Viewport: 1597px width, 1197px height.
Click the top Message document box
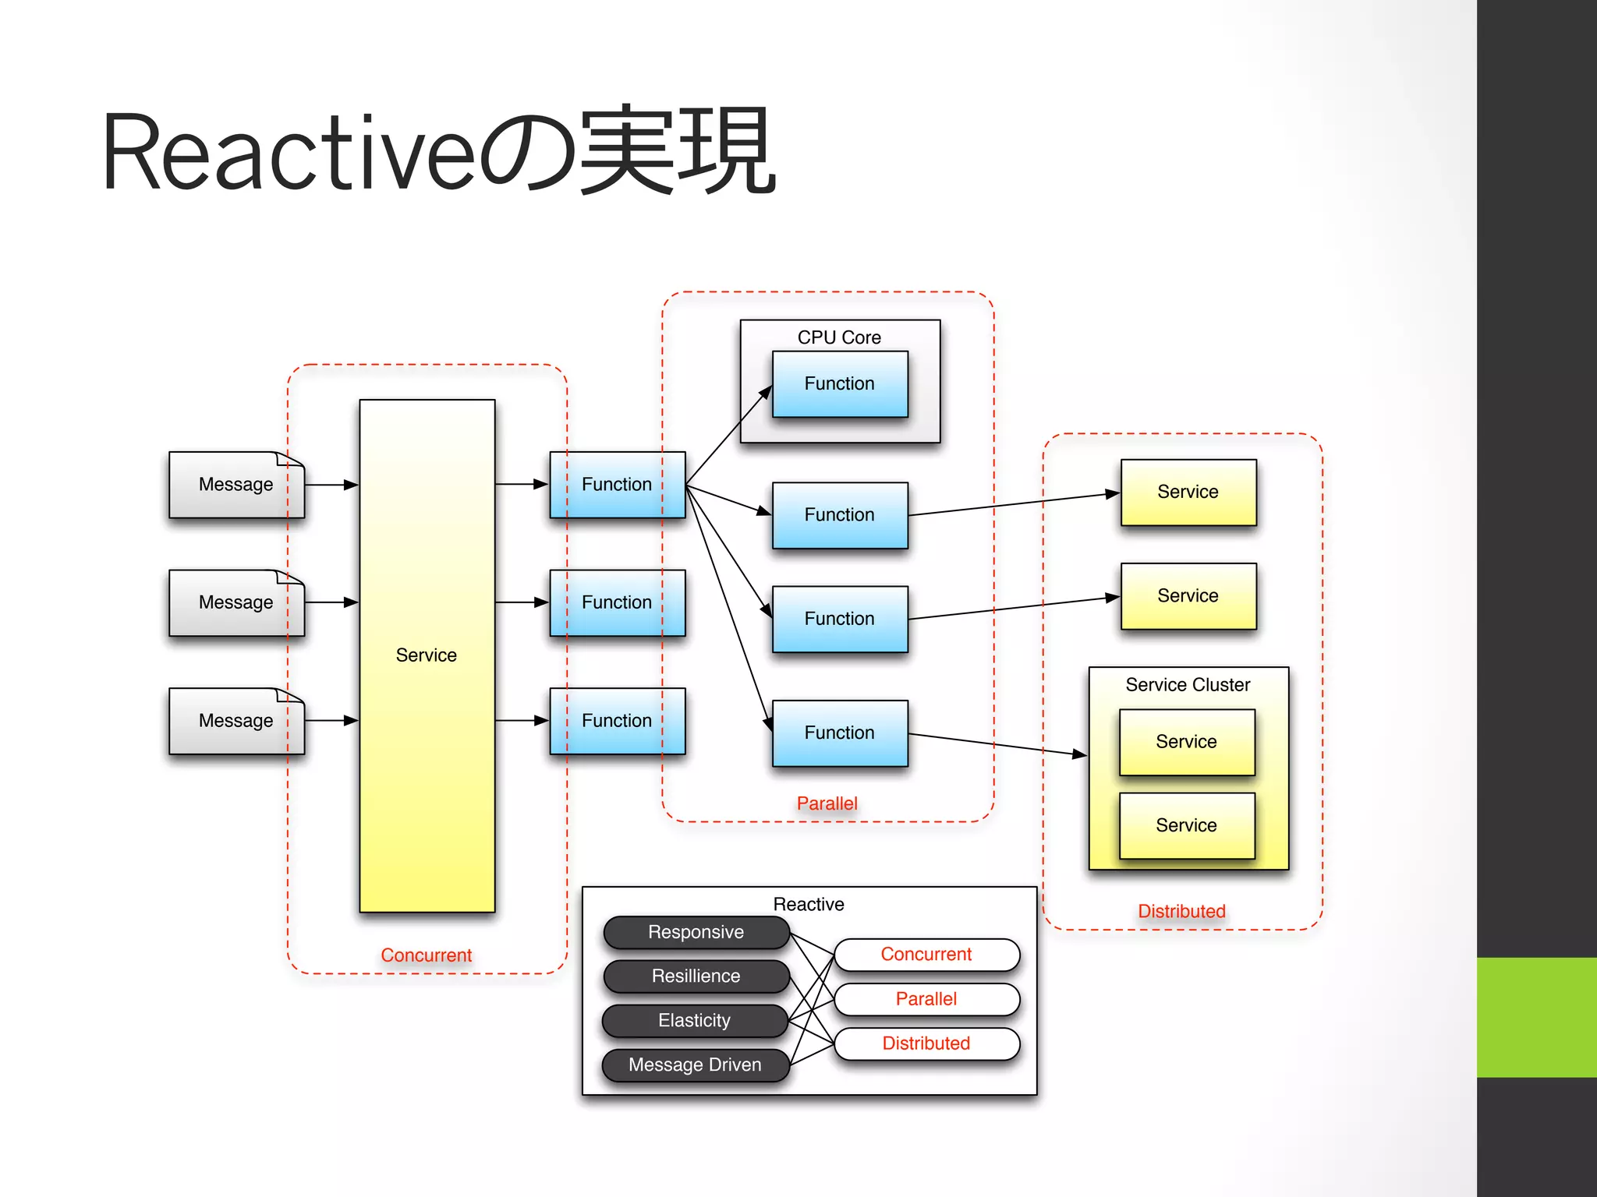pyautogui.click(x=236, y=485)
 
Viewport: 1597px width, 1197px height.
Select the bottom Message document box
pyautogui.click(x=236, y=721)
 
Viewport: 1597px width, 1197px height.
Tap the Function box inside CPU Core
pyautogui.click(x=840, y=384)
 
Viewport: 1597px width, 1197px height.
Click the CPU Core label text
pyautogui.click(x=839, y=337)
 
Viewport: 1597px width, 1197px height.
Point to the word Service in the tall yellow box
pyautogui.click(x=426, y=655)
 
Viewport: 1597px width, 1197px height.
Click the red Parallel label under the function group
pyautogui.click(x=827, y=803)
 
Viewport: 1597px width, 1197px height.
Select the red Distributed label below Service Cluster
pyautogui.click(x=1181, y=911)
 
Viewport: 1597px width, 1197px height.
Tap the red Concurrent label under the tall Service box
pyautogui.click(x=426, y=955)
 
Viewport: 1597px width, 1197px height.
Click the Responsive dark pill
pyautogui.click(x=696, y=932)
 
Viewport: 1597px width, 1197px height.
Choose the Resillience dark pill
pyautogui.click(x=696, y=976)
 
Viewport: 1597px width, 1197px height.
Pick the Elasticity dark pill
pyautogui.click(x=695, y=1021)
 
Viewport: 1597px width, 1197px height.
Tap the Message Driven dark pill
pyautogui.click(x=695, y=1065)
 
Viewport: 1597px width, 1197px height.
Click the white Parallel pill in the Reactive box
pyautogui.click(x=926, y=999)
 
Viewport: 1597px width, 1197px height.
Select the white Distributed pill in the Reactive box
pyautogui.click(x=926, y=1043)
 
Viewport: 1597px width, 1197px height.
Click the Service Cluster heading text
pyautogui.click(x=1188, y=685)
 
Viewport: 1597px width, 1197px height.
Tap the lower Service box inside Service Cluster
pyautogui.click(x=1187, y=825)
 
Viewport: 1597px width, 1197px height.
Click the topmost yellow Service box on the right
pyautogui.click(x=1188, y=492)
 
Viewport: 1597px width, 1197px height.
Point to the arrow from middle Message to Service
pyautogui.click(x=331, y=602)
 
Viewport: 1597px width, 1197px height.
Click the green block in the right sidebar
pyautogui.click(x=1536, y=1017)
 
